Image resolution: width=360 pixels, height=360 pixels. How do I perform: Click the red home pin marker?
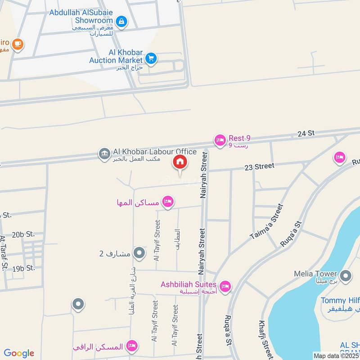click(x=180, y=162)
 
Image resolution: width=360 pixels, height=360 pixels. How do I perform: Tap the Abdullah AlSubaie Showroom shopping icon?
click(x=121, y=21)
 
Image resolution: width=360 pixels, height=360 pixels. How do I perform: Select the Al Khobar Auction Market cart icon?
click(x=151, y=58)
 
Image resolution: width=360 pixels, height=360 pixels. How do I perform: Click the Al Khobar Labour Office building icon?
click(x=104, y=154)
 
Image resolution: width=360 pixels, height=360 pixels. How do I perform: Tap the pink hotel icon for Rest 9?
click(x=220, y=141)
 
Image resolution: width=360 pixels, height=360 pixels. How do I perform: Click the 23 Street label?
click(x=259, y=166)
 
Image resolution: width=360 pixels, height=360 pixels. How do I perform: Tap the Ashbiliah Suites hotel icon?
click(x=225, y=286)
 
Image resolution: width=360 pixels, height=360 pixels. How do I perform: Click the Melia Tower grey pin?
click(x=346, y=276)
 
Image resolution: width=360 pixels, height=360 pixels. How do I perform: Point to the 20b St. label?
click(x=23, y=234)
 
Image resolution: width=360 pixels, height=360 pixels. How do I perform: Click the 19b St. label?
click(x=23, y=268)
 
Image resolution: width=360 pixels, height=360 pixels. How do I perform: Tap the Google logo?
click(x=19, y=353)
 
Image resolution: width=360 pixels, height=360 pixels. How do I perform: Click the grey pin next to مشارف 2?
click(x=139, y=253)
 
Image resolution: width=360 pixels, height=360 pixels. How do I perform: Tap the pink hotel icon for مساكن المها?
click(x=168, y=202)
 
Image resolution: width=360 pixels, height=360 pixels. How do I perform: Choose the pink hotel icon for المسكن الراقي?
click(x=132, y=346)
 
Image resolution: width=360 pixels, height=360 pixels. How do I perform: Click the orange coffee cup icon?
click(x=18, y=44)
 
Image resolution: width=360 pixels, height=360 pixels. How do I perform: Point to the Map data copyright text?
click(x=337, y=355)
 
